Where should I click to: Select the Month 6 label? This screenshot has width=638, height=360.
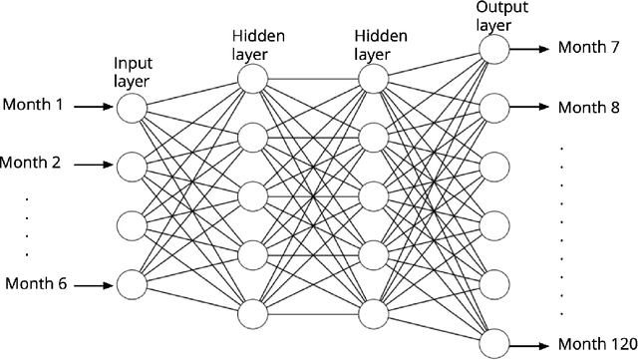pos(36,284)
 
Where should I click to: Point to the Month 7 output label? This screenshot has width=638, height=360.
pos(589,47)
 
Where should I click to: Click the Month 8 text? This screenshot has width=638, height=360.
pos(589,106)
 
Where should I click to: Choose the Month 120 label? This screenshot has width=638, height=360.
pos(594,342)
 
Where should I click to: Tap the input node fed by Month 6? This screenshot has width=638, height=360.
pos(132,284)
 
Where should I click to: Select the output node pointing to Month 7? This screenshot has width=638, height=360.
pos(492,48)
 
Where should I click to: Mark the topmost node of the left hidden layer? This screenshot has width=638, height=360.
pos(252,77)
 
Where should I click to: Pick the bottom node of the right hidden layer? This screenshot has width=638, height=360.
pos(373,313)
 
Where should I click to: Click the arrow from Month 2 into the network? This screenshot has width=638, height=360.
pos(95,164)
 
